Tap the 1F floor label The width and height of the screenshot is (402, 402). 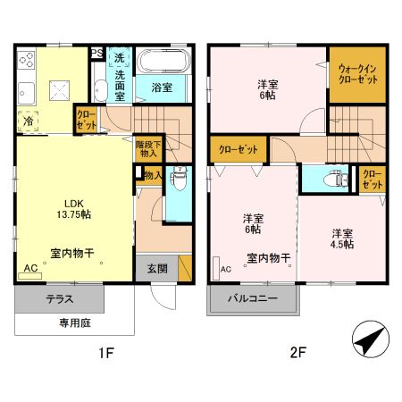click(105, 353)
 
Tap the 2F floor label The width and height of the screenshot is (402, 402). click(297, 353)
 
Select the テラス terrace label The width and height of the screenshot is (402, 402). click(60, 299)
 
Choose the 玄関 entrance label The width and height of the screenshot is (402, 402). click(155, 266)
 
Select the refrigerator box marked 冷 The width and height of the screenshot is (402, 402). click(29, 121)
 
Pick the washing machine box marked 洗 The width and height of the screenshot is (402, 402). click(118, 59)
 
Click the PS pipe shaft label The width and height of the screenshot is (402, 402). click(96, 54)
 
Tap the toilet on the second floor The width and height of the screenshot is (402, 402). click(335, 179)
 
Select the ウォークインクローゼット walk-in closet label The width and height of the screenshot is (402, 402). click(356, 72)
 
